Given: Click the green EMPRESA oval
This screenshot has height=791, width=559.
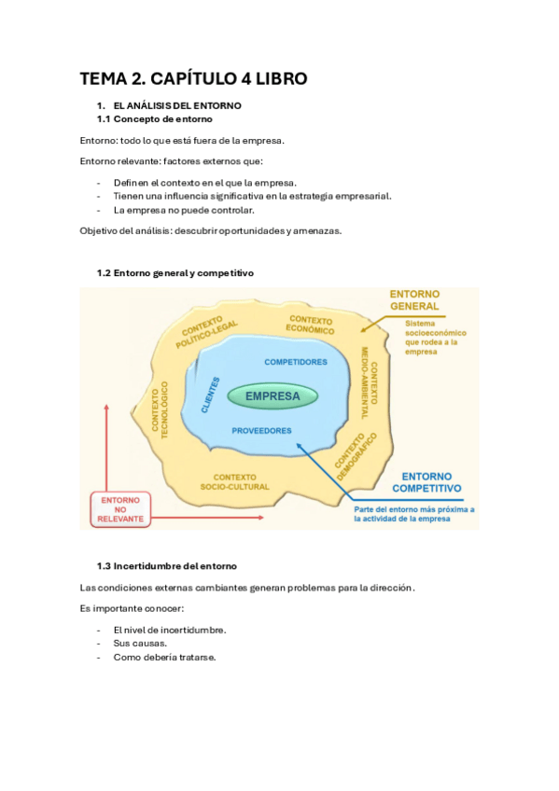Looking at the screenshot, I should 273,396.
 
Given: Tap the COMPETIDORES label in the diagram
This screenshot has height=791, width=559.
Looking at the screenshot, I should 295,361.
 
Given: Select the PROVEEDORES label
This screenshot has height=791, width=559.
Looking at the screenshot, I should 261,431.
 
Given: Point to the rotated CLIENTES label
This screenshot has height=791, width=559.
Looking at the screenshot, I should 210,395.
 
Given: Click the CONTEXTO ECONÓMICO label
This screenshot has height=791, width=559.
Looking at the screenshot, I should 311,325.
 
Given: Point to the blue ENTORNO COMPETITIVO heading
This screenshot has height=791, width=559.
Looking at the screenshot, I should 426,481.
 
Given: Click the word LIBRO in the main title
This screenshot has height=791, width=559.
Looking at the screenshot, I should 271,78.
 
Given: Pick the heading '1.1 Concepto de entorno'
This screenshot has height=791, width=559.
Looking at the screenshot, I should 154,119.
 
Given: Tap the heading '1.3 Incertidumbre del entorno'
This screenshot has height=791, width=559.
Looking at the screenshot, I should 167,566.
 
